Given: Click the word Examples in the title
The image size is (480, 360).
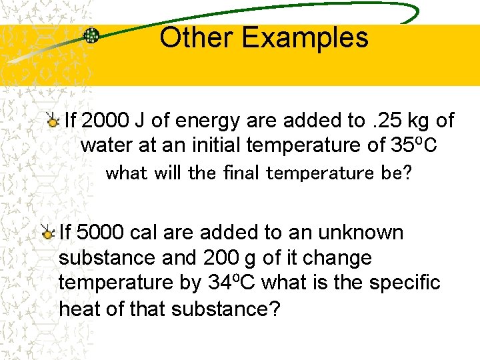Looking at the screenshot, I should (305, 38).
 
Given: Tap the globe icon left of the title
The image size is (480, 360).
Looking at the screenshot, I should (91, 36).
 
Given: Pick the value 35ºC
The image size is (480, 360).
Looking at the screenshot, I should (412, 145).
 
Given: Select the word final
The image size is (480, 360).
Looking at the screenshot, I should (240, 173).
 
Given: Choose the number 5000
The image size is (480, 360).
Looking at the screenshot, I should (101, 233).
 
